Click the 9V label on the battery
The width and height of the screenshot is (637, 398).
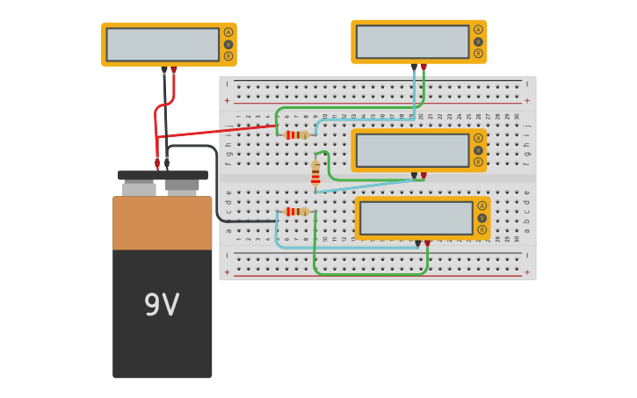tap(162, 305)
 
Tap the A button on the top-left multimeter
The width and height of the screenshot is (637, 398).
tap(228, 33)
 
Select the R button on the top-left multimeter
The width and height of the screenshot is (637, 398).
tap(228, 56)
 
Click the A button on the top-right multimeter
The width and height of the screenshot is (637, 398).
tap(478, 30)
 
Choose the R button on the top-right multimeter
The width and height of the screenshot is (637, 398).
tap(478, 54)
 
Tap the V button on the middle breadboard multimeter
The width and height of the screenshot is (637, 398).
tap(478, 150)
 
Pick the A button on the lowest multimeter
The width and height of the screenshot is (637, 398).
tap(481, 206)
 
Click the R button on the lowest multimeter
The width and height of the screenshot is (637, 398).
tap(481, 230)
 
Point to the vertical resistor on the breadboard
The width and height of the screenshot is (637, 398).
tap(315, 173)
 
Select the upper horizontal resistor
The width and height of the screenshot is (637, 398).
tap(296, 135)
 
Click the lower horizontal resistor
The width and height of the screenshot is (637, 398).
tap(296, 212)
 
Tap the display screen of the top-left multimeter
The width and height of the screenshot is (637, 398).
tap(163, 44)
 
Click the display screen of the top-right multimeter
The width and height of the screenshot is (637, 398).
tap(413, 41)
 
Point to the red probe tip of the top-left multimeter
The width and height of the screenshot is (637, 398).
tap(174, 69)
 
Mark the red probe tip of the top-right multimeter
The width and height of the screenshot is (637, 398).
tap(423, 67)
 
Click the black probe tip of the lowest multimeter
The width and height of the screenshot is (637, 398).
tap(417, 243)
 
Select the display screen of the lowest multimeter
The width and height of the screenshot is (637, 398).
tap(416, 218)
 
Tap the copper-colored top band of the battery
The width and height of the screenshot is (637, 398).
tap(163, 223)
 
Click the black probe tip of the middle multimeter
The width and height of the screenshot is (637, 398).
tap(414, 176)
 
